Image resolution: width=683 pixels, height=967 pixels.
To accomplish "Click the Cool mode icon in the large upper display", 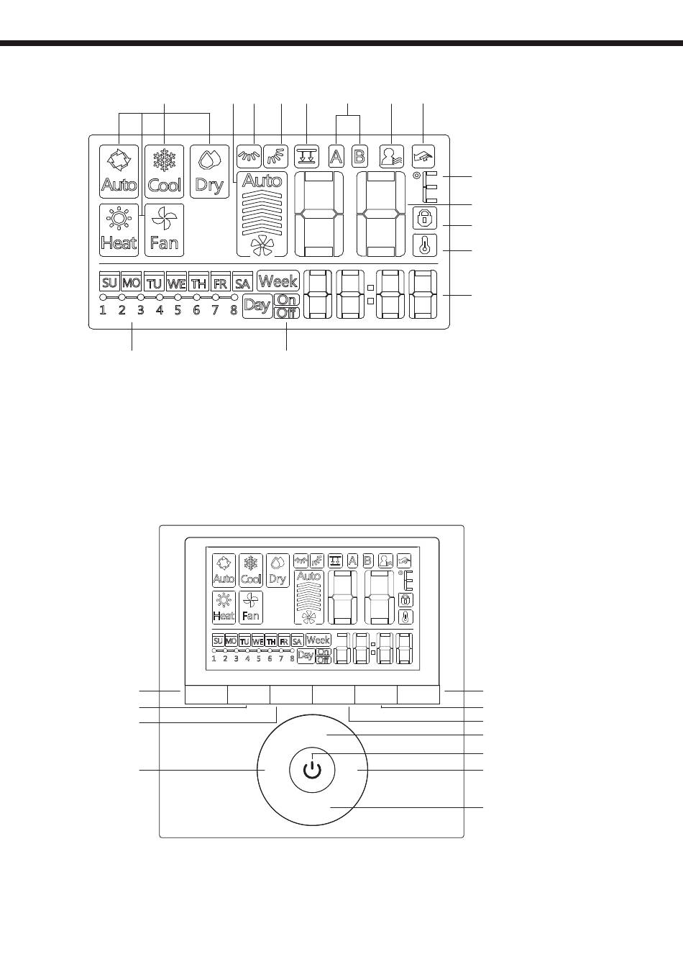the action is coord(165,171).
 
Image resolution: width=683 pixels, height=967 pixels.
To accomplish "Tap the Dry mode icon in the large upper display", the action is coord(209,171).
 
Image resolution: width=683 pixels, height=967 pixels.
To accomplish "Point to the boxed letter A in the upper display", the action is coord(336,156).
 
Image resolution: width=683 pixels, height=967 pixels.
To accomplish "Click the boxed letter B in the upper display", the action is coord(359,156).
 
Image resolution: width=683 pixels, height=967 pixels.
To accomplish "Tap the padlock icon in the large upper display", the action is coord(425,219).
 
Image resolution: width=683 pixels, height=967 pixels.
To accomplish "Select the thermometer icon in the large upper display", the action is coord(425,245).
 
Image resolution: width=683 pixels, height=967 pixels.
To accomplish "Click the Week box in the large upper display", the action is coord(278,281).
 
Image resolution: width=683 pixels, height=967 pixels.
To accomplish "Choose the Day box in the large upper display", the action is coord(257,306).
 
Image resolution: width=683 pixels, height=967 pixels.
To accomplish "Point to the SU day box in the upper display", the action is coord(109,283).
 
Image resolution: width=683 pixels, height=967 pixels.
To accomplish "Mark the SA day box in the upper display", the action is coord(242,283).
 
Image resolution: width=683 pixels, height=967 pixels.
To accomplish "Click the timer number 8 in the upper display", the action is coord(234,311).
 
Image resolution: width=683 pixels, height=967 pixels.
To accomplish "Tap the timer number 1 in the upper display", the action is coord(103,311).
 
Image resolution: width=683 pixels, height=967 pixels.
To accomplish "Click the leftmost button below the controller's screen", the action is coord(206,694).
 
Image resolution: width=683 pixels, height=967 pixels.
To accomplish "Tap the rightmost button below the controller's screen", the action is coord(418,694).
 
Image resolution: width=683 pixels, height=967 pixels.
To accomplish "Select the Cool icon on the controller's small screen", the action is coord(251,571).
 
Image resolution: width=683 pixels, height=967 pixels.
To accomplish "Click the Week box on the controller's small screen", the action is coord(318,640).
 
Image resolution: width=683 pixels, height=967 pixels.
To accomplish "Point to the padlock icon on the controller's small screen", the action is coord(405,599).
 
